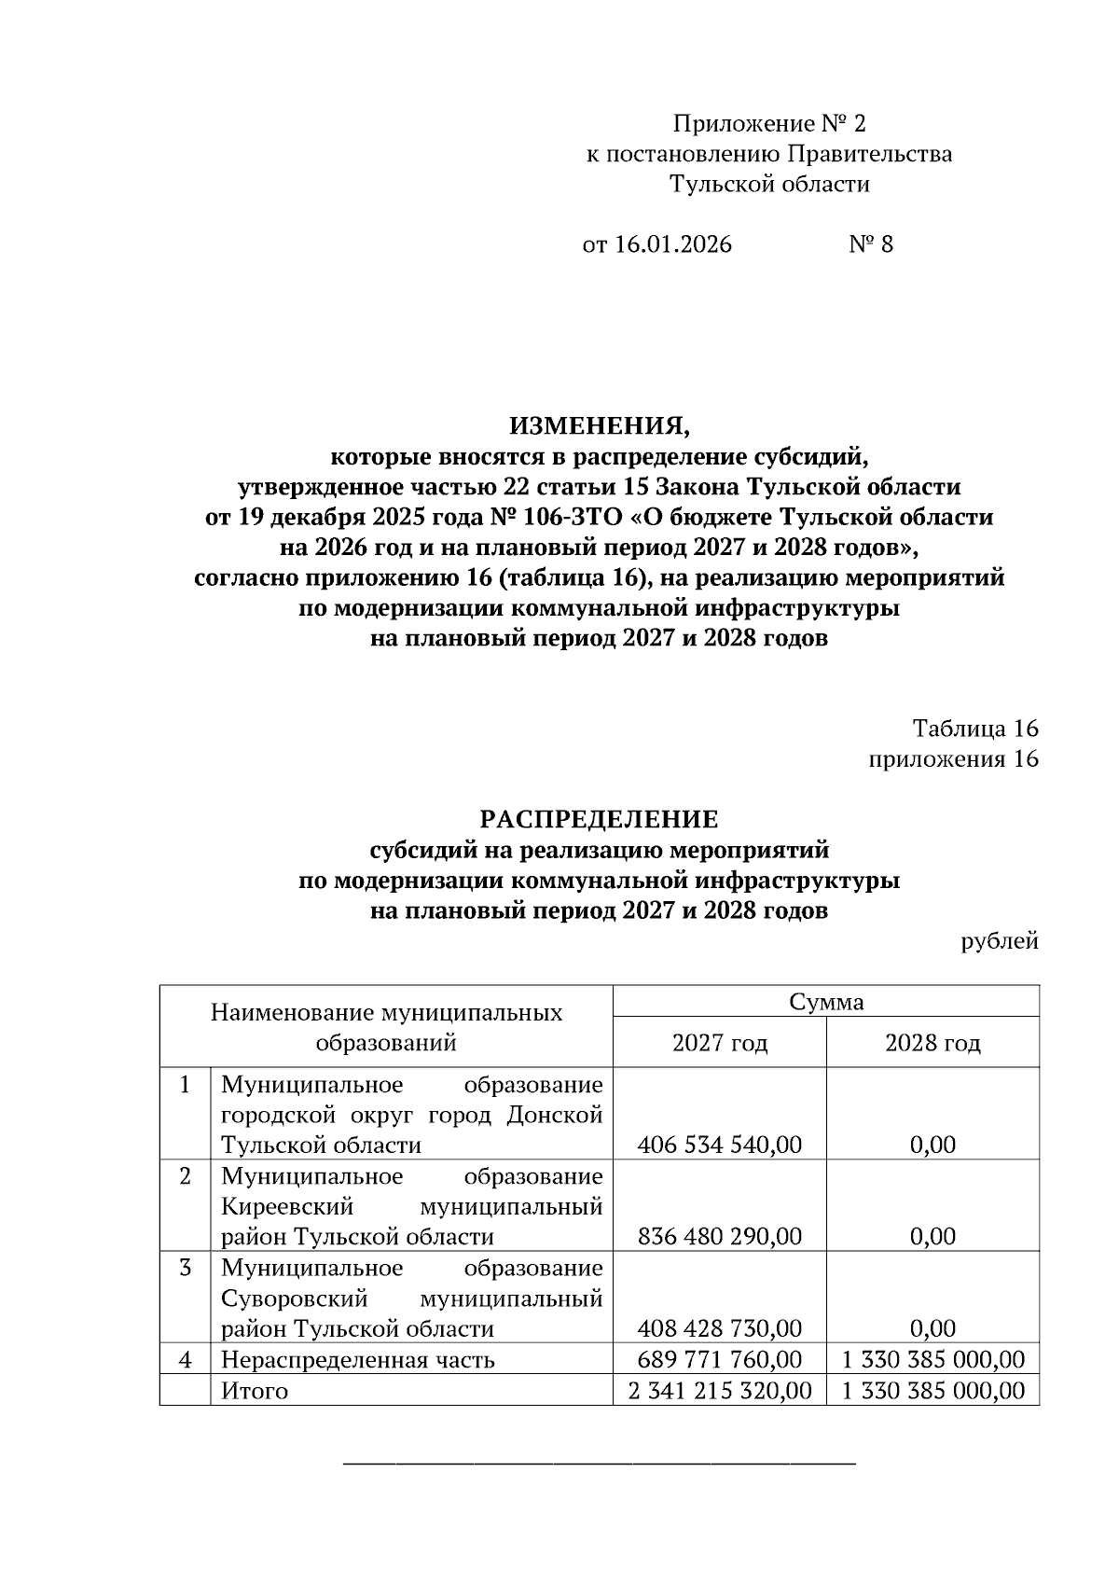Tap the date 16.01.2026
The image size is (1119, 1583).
coord(673,244)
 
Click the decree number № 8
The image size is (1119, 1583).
coord(871,244)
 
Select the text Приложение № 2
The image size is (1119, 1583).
coord(769,123)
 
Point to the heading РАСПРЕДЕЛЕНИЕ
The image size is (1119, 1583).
coord(599,819)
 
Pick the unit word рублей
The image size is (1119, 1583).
coord(1000,941)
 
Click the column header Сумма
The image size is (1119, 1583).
coord(826,1002)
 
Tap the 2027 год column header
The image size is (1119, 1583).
coord(720,1043)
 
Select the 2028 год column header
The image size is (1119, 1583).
coord(932,1043)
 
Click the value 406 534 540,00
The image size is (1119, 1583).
coord(720,1145)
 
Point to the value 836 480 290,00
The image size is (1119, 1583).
coord(720,1237)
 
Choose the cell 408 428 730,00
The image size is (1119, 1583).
coord(720,1328)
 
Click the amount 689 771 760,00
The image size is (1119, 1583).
coord(720,1359)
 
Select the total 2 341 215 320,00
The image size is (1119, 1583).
coord(720,1391)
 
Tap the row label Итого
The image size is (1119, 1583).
coord(255,1391)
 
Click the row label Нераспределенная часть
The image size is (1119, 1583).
coord(358,1359)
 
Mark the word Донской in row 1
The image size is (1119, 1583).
coord(555,1115)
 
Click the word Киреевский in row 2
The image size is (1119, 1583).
coord(287,1206)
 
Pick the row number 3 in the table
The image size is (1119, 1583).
coord(186,1268)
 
